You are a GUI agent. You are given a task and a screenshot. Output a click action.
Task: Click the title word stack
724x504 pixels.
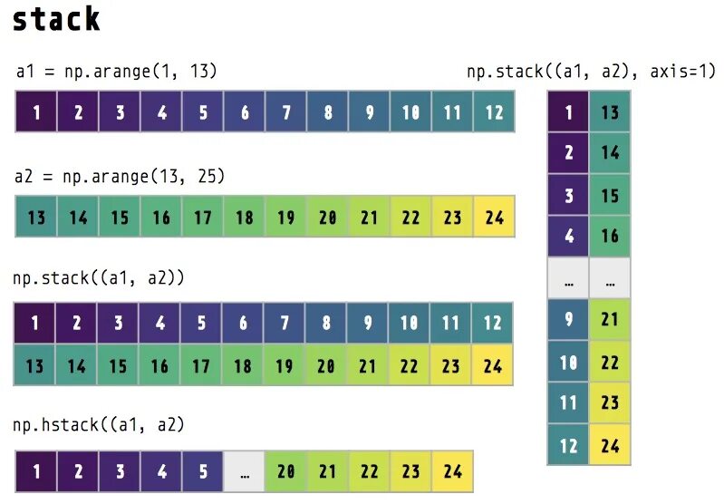[56, 20]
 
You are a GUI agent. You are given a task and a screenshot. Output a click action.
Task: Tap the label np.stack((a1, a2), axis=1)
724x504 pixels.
[591, 71]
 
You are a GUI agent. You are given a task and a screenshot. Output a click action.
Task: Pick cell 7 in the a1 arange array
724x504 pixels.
[286, 113]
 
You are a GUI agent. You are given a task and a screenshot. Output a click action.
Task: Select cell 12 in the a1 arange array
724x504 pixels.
[494, 113]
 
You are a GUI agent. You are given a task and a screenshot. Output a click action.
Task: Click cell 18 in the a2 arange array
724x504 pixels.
[244, 218]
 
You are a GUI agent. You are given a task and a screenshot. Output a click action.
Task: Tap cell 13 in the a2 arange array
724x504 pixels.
[36, 218]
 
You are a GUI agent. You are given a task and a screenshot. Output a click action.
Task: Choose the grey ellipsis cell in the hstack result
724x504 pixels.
[245, 471]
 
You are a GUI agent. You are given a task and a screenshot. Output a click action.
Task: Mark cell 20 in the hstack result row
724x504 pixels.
[285, 471]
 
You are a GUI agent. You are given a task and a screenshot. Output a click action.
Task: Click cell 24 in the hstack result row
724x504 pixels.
[451, 471]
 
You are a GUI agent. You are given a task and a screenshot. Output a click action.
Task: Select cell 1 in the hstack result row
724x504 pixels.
[36, 471]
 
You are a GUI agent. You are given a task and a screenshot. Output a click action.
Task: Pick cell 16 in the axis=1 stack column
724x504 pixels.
[610, 236]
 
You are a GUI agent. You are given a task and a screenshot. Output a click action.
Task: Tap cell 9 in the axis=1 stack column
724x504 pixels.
[568, 319]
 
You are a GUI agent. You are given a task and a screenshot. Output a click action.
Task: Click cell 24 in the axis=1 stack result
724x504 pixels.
[610, 444]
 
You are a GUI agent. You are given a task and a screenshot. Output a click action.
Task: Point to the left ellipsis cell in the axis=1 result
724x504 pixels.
[568, 279]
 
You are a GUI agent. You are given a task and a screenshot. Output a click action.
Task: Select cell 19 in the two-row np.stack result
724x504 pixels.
[285, 366]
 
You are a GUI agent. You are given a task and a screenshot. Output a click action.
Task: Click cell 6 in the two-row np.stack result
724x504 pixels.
[244, 324]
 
